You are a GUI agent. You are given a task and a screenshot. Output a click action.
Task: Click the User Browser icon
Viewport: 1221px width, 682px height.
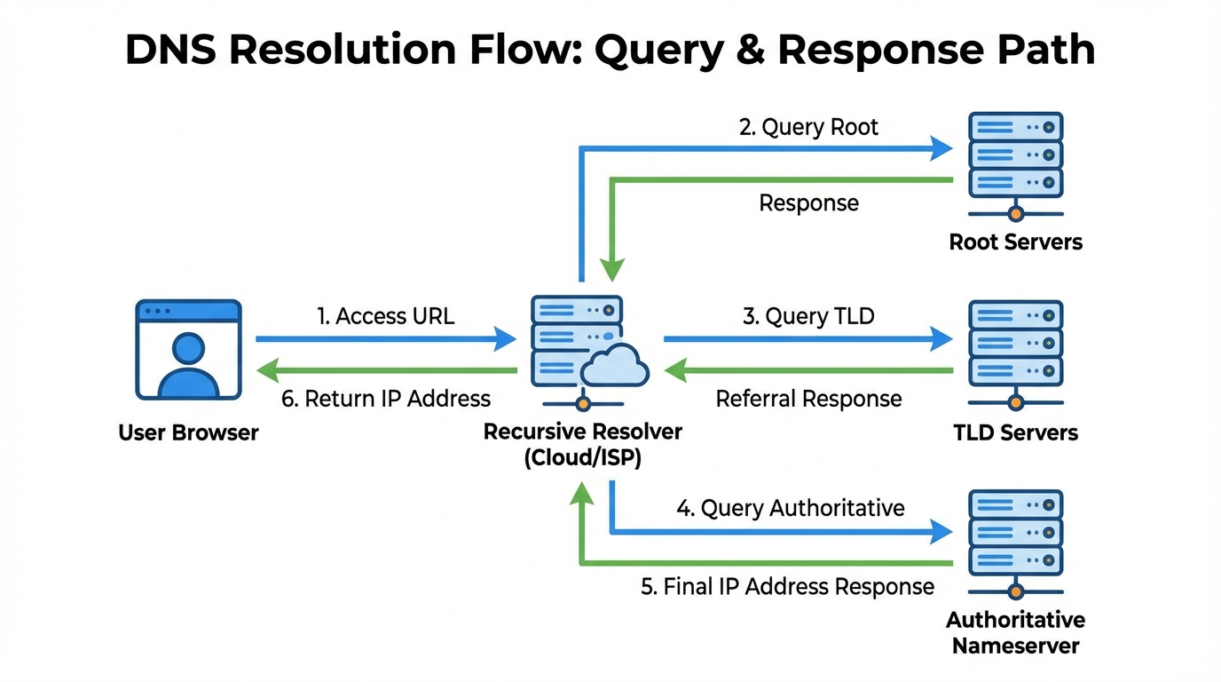point(188,350)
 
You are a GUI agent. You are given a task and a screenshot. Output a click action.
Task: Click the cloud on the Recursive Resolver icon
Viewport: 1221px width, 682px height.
point(615,365)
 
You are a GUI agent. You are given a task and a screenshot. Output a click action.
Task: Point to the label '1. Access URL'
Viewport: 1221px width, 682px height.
point(386,316)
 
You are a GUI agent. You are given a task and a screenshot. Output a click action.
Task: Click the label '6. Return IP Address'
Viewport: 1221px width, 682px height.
point(386,399)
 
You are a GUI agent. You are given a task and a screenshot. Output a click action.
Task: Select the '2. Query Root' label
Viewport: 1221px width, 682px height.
point(808,127)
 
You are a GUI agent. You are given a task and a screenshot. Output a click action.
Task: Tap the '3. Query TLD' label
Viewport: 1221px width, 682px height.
point(808,316)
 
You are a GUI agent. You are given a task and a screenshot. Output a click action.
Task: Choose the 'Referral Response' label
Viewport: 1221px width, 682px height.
point(808,399)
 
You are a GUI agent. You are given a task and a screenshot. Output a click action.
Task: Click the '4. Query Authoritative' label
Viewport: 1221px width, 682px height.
point(791,508)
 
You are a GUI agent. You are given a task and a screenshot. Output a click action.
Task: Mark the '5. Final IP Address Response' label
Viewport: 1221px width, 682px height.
point(787,587)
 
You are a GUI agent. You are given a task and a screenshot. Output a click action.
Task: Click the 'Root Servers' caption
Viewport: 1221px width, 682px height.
point(1015,242)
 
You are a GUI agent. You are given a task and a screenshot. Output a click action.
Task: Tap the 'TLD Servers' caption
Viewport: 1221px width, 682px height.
point(1015,432)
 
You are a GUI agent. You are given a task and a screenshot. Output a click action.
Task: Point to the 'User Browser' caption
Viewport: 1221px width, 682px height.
point(188,432)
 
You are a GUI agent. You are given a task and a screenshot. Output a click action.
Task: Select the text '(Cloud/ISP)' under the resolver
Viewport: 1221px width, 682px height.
point(582,458)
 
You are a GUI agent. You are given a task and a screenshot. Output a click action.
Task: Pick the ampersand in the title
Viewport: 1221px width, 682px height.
point(747,51)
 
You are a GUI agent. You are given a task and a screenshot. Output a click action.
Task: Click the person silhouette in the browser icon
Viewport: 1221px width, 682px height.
point(188,366)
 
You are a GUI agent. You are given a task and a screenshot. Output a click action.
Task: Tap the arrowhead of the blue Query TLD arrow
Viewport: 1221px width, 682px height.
point(942,338)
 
